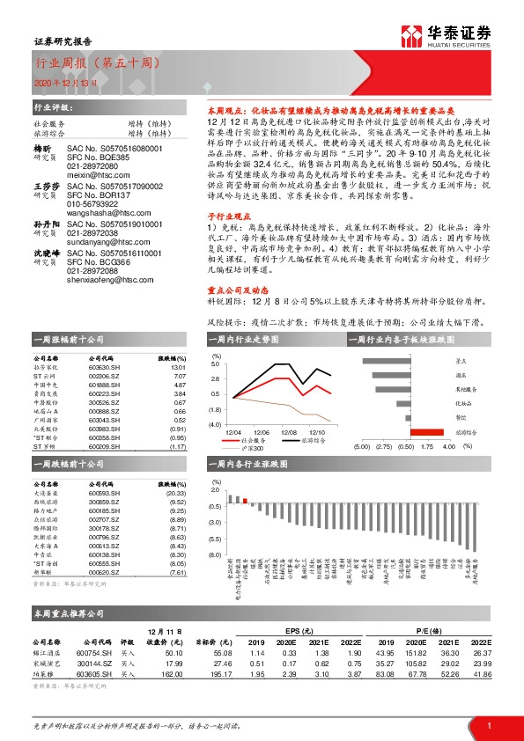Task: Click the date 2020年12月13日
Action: pos(63,82)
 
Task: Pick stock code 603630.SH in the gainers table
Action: pos(106,367)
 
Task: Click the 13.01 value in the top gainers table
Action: pos(178,367)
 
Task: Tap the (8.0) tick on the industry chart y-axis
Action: pos(214,556)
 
